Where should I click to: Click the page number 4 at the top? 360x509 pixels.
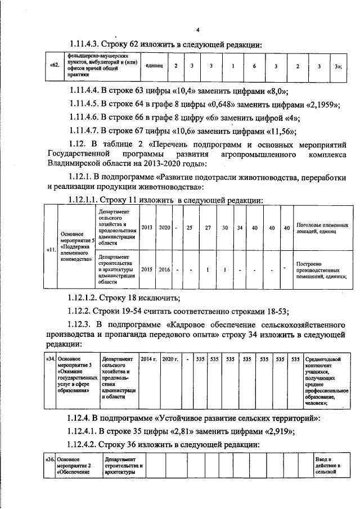tap(197, 30)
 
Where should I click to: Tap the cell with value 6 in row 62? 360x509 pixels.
tap(254, 66)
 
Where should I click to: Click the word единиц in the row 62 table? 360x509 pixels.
tap(154, 66)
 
